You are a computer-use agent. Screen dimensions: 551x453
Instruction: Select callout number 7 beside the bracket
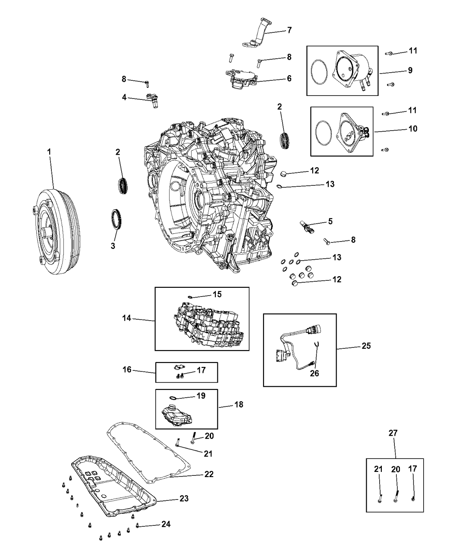click(x=289, y=30)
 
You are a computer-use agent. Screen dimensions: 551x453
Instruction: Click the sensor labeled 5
click(x=305, y=225)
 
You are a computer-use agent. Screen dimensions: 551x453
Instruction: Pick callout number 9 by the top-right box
click(x=410, y=70)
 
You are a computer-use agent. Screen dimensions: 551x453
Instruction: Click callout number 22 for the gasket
click(x=209, y=474)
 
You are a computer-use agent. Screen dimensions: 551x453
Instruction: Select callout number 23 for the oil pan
click(x=184, y=499)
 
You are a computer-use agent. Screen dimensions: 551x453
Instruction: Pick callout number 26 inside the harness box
click(x=315, y=373)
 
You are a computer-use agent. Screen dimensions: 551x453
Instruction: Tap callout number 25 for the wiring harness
click(x=366, y=346)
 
